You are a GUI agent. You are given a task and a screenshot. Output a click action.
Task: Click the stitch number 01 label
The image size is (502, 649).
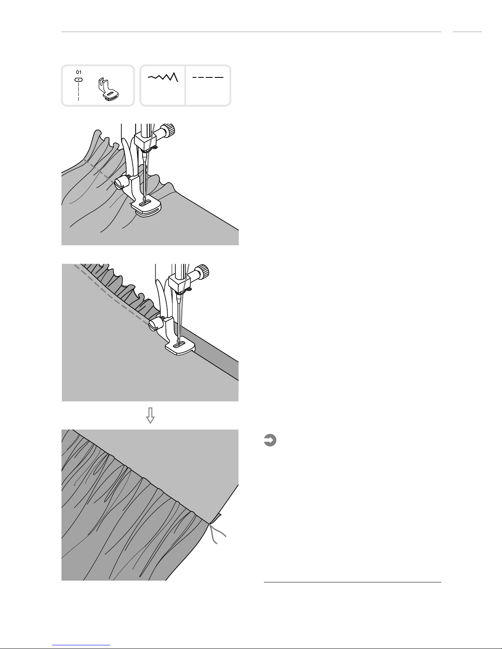coord(79,72)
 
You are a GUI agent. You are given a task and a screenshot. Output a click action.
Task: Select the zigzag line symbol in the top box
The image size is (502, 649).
coord(163,77)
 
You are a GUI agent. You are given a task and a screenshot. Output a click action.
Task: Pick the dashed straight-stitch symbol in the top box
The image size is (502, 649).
coord(208,77)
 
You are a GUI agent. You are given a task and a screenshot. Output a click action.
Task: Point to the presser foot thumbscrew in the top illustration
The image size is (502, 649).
coord(120,183)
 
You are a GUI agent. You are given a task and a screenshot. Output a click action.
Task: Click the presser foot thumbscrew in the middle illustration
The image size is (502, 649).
coord(154,325)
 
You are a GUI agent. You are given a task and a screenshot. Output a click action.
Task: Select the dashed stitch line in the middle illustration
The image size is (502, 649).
coord(111,295)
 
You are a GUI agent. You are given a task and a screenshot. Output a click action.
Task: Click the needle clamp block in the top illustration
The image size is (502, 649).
coord(143,142)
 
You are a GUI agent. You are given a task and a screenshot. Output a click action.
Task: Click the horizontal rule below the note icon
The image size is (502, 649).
coord(352,582)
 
